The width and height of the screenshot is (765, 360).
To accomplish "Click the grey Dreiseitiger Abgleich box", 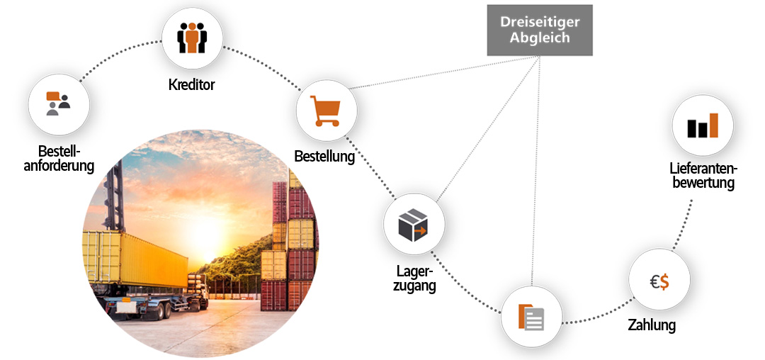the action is point(540,30).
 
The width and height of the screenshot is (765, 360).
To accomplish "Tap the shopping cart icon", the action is point(325,111).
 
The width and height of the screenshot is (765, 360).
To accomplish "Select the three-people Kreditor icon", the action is point(192,38).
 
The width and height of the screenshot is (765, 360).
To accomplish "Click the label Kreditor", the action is point(192,85).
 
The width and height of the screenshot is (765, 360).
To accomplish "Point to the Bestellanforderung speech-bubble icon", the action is point(58,103).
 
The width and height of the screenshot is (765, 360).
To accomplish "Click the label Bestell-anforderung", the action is point(59,159).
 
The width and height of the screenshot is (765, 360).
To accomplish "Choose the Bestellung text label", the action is point(324,157).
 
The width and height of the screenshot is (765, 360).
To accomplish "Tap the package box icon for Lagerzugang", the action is point(413,225).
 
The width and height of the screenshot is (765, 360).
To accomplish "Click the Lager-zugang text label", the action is point(414,278).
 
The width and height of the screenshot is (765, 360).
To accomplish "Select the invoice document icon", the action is point(531,317).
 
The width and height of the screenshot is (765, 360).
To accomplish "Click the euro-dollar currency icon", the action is point(659,281).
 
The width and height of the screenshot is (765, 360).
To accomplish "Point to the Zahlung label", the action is point(652,325).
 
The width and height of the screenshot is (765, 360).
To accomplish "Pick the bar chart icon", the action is point(703,125).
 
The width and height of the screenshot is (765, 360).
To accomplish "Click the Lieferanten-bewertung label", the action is point(703,176).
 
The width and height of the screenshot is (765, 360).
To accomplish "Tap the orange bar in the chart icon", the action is point(714,125).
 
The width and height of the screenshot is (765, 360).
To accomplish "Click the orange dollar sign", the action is point(664,281).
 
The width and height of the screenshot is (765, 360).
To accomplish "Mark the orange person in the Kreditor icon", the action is point(192,38).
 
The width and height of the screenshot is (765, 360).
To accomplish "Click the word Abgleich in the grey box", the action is point(540,38).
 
